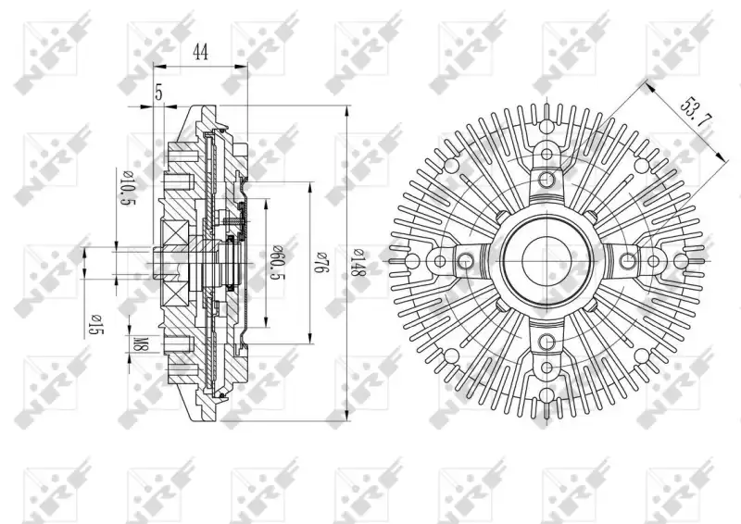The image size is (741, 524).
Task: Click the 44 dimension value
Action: [201, 52]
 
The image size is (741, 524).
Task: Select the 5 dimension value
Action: [159, 94]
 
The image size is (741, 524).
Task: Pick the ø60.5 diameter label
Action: [276, 263]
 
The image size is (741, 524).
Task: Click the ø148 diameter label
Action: [358, 262]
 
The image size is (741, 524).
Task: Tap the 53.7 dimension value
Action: [696, 112]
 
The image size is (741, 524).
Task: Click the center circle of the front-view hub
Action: [546, 259]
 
